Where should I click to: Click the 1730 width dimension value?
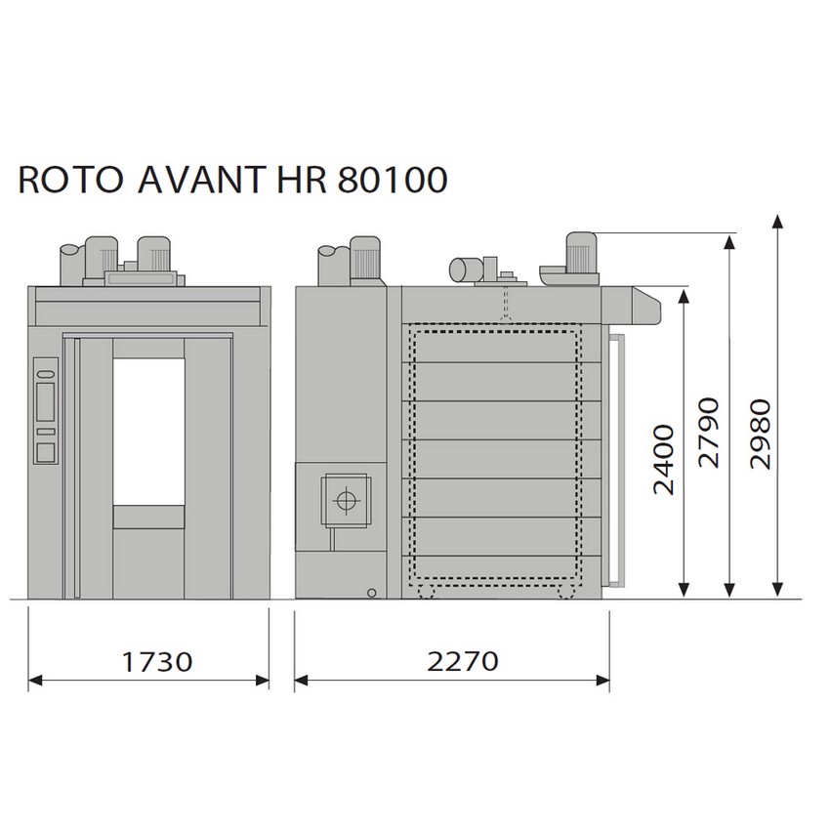coord(157,662)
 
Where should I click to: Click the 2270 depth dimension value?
coord(463,661)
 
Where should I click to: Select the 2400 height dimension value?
coord(664,460)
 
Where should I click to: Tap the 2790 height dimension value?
coord(709,433)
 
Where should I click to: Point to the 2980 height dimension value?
coord(761,434)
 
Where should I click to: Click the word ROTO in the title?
coord(70,180)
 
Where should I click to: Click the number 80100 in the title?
coord(393,180)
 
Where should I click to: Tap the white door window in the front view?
coord(148,432)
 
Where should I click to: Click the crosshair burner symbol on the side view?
coord(347,500)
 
